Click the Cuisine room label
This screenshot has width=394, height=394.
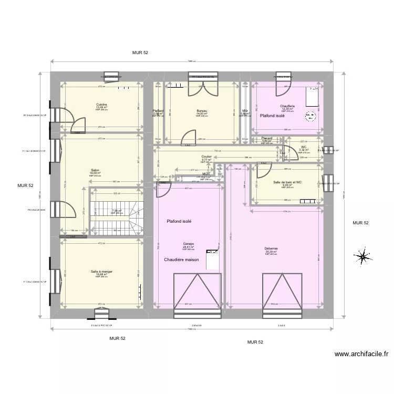102,105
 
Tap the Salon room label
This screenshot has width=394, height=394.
95,170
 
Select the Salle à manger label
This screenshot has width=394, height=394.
101,272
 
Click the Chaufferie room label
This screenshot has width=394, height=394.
287,106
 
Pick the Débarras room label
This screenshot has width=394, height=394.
271,248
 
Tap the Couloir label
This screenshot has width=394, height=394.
206,157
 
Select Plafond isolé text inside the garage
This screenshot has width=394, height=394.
179,221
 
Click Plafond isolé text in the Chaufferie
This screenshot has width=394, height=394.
272,116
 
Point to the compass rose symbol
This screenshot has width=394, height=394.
361,257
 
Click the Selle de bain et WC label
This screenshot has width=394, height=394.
287,182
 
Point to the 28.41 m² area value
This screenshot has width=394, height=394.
189,247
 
